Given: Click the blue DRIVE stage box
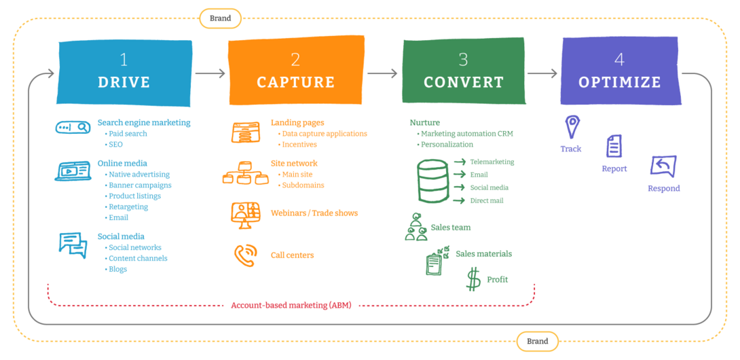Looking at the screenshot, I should click(x=124, y=73).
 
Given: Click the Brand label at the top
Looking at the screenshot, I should click(x=220, y=18).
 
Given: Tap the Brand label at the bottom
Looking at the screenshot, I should click(x=537, y=342).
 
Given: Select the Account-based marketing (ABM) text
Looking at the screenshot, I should click(x=291, y=306).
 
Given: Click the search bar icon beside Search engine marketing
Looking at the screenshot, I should click(x=73, y=127).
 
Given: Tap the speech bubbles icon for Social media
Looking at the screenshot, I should click(x=73, y=245).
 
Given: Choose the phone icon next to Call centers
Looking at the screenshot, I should click(x=244, y=255).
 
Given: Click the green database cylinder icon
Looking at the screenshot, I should click(x=432, y=181).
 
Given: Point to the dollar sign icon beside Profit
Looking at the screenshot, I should click(x=473, y=279).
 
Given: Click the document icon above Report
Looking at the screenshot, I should click(x=614, y=146).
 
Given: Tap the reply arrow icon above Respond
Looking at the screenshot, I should click(x=663, y=166).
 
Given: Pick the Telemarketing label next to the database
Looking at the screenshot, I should click(x=492, y=162).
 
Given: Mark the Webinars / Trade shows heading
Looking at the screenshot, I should click(x=314, y=213).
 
